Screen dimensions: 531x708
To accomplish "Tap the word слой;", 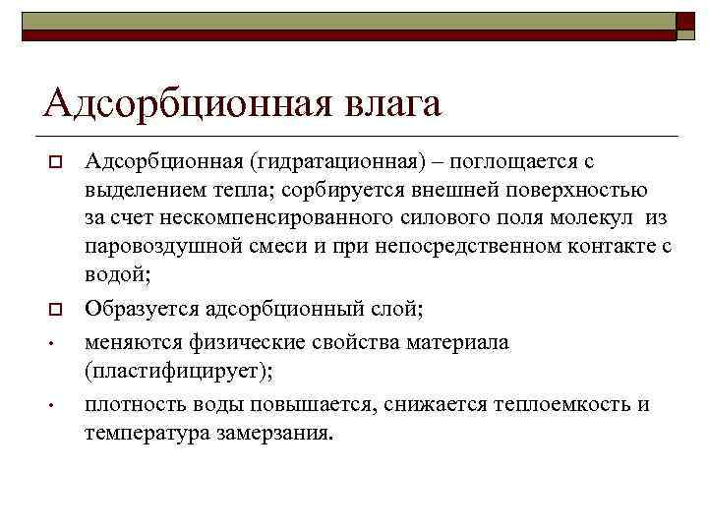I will [396, 310].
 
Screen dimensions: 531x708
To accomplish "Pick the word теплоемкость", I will [565, 403].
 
